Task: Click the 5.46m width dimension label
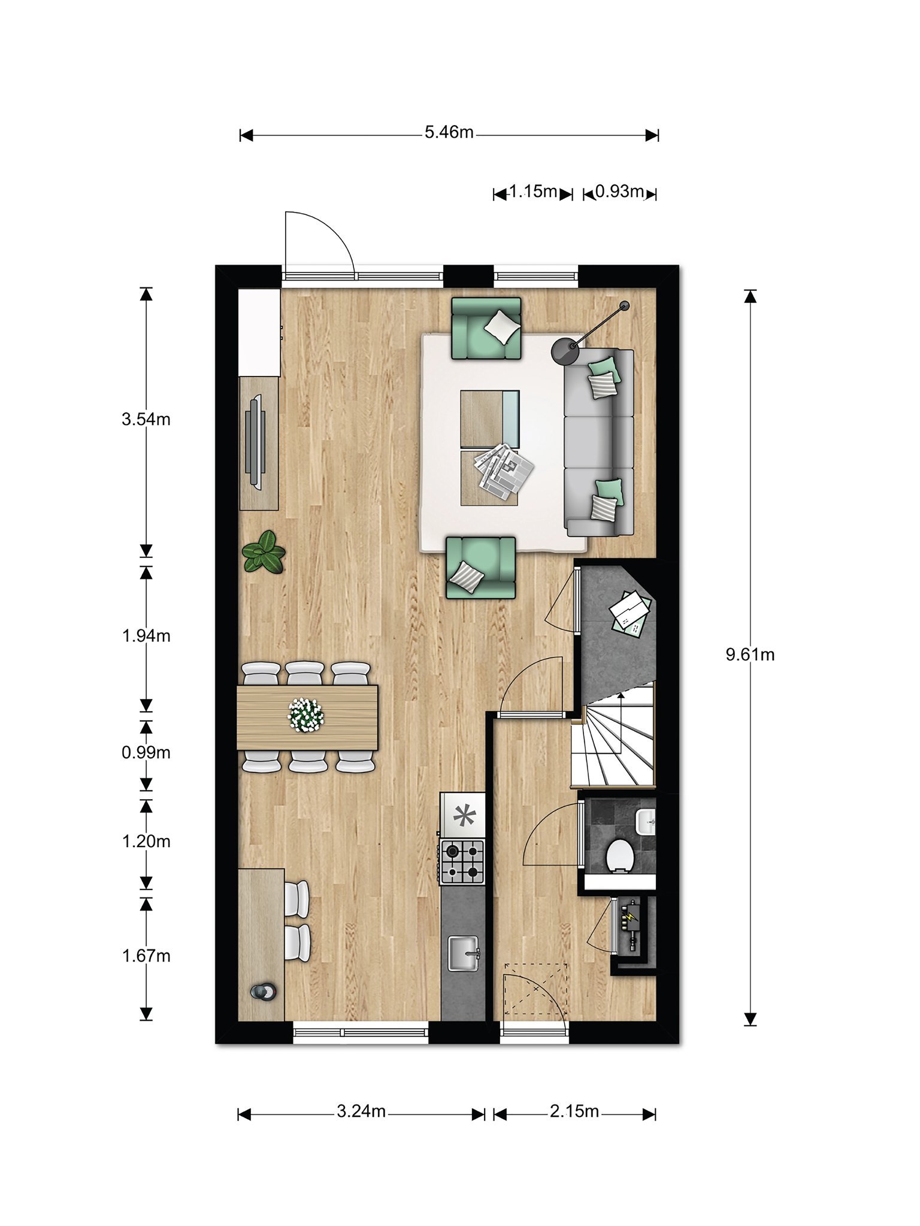449,132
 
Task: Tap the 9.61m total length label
750,655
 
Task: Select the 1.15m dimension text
533,192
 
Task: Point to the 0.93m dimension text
620,192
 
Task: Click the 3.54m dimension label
146,419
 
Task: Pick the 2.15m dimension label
574,1112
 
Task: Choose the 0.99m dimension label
146,752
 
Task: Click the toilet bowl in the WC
619,856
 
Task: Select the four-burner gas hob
462,862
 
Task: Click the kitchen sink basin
464,954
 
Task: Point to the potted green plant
264,552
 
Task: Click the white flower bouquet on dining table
305,714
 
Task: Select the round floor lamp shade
564,351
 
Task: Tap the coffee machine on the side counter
264,992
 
